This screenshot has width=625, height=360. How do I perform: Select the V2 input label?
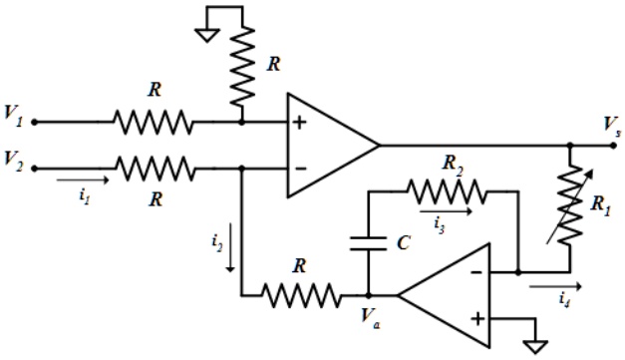13,159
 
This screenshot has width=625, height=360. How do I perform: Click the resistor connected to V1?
155,122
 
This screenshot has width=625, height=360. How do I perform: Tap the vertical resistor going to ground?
242,70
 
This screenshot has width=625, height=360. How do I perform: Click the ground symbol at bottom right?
537,344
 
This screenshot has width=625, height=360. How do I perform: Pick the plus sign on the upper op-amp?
298,123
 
